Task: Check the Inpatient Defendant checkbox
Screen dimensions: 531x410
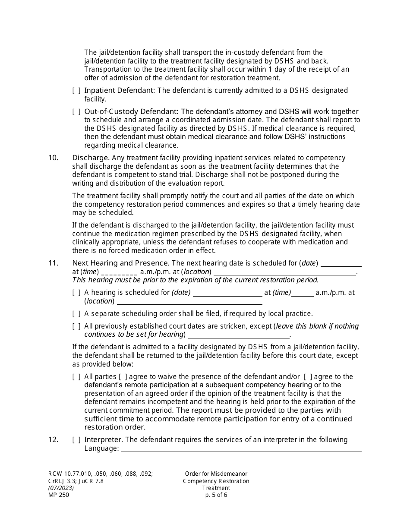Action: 76,91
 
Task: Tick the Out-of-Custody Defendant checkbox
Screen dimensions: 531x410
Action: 76,112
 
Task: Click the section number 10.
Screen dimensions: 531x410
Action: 53,158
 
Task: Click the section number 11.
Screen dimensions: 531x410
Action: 53,263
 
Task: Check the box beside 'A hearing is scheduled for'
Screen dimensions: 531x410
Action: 76,293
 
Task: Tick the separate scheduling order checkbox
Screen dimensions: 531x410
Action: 76,314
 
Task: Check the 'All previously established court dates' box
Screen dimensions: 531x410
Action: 76,326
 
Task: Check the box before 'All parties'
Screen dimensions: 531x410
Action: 76,377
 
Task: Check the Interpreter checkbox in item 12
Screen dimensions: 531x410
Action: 76,440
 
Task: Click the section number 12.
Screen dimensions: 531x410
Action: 53,440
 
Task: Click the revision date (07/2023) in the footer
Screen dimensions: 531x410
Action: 61,488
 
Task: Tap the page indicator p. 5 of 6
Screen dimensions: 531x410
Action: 216,495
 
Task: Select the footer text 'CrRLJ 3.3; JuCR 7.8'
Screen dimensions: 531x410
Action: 76,481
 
